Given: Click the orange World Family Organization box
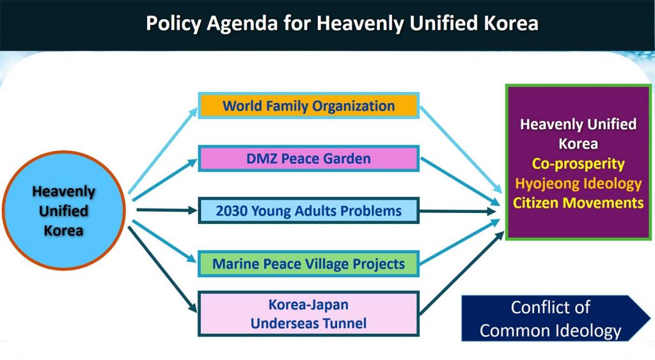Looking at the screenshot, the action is coord(309,106).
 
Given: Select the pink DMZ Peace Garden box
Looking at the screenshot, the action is coord(309,159).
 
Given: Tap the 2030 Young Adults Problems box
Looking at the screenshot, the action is coord(309,210).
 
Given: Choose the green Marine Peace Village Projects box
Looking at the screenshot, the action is coord(309,263).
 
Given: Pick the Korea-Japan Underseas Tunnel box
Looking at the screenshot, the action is coord(309,314).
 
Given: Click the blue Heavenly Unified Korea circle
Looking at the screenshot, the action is coord(64,210).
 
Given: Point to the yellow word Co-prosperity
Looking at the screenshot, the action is coord(578,163).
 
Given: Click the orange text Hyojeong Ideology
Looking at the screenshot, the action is coord(578,184).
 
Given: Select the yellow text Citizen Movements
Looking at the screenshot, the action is coord(578,203).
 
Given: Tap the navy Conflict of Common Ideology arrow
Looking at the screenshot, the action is coord(556,318).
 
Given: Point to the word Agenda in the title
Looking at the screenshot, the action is coord(242,24).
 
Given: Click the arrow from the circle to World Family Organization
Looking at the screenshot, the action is coord(162,151).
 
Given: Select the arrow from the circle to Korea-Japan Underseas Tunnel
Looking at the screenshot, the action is coord(162,269).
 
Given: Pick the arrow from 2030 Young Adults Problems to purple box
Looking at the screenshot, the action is coord(458,211).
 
